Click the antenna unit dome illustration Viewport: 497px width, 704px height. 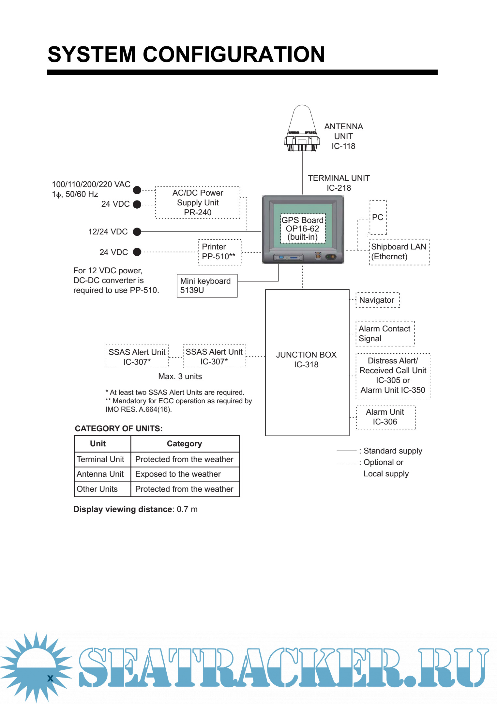click(x=302, y=129)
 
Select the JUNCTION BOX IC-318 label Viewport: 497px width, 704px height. click(x=306, y=360)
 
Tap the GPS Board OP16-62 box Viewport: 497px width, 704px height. click(x=303, y=229)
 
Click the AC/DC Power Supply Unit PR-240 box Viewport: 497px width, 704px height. click(x=198, y=202)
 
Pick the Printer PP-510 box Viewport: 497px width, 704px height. click(x=219, y=252)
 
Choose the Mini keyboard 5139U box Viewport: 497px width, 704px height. click(x=207, y=286)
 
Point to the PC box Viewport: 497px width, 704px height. click(x=378, y=217)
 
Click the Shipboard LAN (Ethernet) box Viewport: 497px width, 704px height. click(x=399, y=252)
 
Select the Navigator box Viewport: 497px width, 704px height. click(x=377, y=300)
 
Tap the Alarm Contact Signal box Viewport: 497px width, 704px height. click(x=385, y=333)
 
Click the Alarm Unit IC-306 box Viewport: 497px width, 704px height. click(x=385, y=417)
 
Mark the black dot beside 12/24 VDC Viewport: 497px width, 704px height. click(x=137, y=232)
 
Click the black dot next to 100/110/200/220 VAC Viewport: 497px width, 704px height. click(x=137, y=190)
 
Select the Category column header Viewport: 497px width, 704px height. click(x=185, y=444)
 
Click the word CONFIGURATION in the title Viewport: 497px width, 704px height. click(x=233, y=54)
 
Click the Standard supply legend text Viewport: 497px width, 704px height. click(x=393, y=451)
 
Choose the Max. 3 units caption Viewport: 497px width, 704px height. click(x=180, y=376)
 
